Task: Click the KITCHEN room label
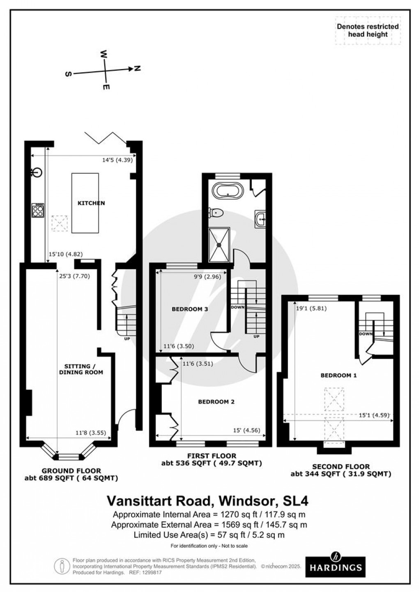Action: (92, 203)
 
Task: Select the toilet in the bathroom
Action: (216, 212)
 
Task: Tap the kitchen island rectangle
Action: (85, 203)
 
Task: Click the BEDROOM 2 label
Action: (216, 401)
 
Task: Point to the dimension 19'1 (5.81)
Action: (311, 309)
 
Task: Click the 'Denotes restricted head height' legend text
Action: (368, 30)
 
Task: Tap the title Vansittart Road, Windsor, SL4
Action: (207, 501)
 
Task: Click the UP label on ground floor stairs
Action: (127, 339)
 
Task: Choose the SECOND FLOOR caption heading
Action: (341, 467)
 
